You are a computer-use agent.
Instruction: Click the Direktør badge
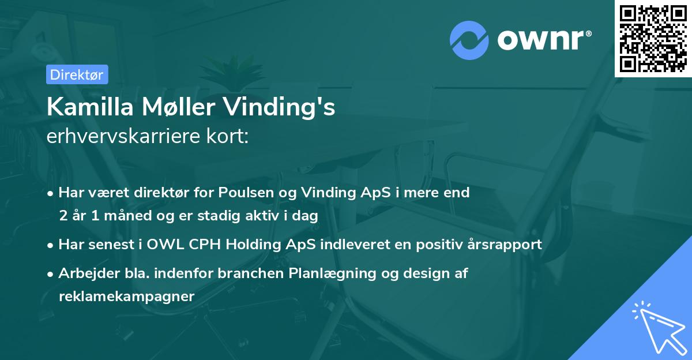pyautogui.click(x=77, y=74)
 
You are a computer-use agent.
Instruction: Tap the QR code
pyautogui.click(x=653, y=38)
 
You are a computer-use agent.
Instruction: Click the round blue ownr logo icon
pyautogui.click(x=469, y=40)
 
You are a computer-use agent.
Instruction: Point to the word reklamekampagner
pyautogui.click(x=127, y=296)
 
